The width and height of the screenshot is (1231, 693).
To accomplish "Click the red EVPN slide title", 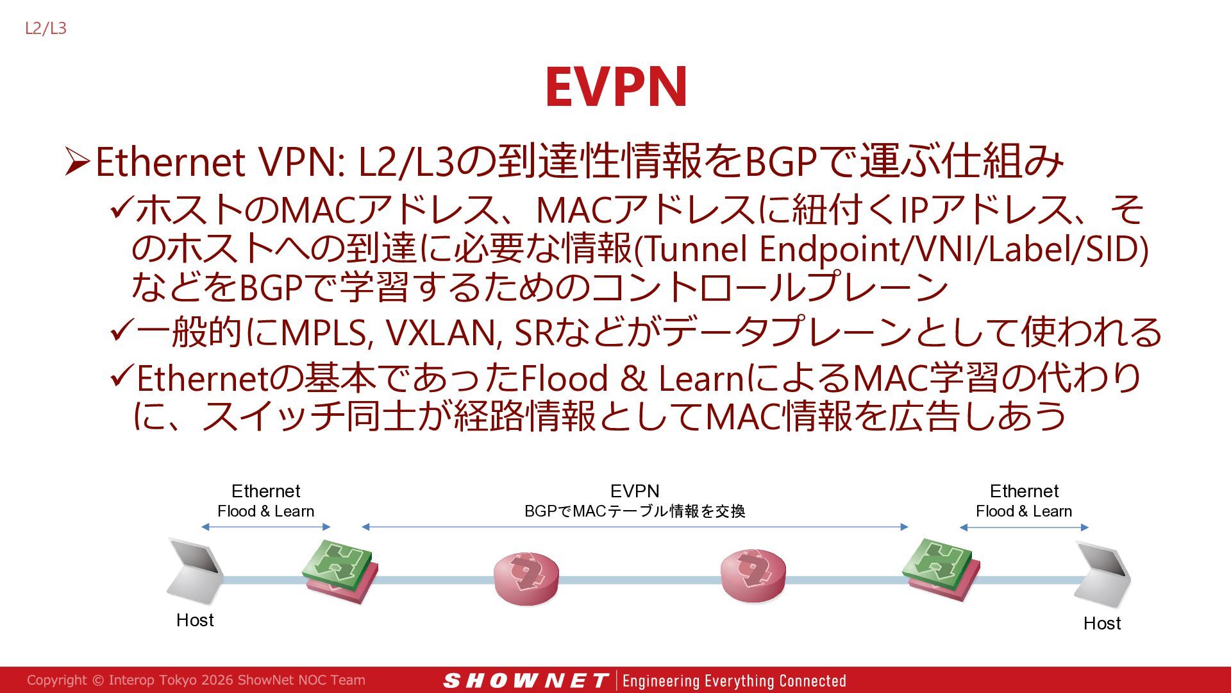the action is pos(616,87).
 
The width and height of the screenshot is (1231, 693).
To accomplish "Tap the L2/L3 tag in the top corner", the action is pos(46,28).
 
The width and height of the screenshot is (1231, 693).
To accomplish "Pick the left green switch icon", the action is pos(340,570).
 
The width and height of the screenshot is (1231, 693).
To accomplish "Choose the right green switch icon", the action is pos(941,569).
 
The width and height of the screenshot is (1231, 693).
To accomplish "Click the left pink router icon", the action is pos(526,577).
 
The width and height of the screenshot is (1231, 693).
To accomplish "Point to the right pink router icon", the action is pos(753,575).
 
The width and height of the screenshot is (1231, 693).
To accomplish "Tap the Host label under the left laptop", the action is pos(195,620).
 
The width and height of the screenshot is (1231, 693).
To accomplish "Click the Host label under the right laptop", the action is pos(1102,623).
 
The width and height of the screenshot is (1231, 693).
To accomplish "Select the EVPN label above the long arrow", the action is pos(635,491).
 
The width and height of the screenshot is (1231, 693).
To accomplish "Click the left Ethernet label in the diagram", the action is pos(265,491).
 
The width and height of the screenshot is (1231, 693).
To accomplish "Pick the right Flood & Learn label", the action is pos(1024,511).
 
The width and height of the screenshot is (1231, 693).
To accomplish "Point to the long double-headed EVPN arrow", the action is pos(635,527).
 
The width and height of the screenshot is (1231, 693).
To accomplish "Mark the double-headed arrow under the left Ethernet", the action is pos(265,527).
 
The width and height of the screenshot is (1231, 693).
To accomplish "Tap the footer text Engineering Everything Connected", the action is pos(734,681).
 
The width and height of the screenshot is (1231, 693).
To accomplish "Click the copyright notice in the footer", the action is pos(196,680).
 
